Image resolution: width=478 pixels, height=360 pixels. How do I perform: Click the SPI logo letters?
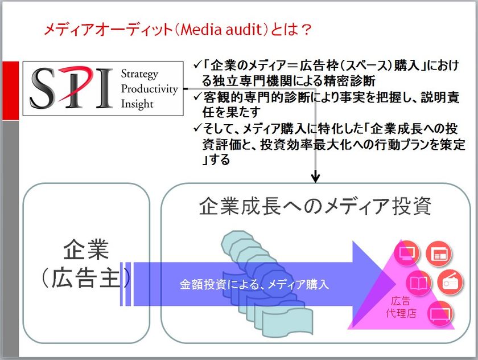tap(71, 88)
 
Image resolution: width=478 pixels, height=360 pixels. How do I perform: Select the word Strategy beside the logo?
tap(139, 74)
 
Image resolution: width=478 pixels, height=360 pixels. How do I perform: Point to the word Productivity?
tap(149, 89)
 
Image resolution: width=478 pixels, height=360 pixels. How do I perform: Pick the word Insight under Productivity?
tap(137, 104)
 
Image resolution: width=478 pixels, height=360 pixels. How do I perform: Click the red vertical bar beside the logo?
tap(11, 91)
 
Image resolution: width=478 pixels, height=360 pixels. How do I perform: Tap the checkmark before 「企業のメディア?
tap(197, 64)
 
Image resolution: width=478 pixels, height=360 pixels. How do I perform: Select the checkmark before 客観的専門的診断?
tap(197, 96)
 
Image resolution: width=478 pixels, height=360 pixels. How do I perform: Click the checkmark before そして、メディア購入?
tap(197, 128)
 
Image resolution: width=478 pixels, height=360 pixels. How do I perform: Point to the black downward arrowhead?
tap(315, 178)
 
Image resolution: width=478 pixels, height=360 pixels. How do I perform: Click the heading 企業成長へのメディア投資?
tap(315, 206)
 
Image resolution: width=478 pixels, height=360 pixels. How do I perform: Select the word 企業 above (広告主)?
tap(86, 249)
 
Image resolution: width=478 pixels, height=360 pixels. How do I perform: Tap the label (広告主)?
tap(86, 277)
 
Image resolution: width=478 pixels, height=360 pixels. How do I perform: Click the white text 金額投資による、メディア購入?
tap(254, 284)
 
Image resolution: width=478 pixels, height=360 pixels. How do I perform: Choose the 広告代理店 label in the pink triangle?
tap(401, 307)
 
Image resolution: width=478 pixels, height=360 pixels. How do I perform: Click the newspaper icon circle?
tap(438, 253)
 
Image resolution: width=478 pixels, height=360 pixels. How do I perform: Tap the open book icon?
tap(419, 283)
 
